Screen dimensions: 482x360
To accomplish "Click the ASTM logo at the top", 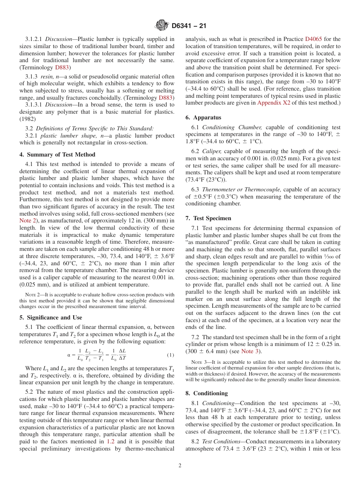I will pyautogui.click(x=162, y=26).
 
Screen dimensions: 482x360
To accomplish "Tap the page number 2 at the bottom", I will pyautogui.click(x=180, y=466).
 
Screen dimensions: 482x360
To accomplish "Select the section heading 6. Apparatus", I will pyautogui.click(x=203, y=117).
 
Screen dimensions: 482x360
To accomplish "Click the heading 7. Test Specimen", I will pyautogui.click(x=208, y=218).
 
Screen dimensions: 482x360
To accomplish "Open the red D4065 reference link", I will pyautogui.click(x=313, y=39).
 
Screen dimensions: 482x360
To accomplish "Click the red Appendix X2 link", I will pyautogui.click(x=274, y=103).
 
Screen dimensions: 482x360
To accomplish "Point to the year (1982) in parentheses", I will pyautogui.click(x=27, y=118).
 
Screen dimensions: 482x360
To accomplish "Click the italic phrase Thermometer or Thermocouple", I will pyautogui.click(x=241, y=189).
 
